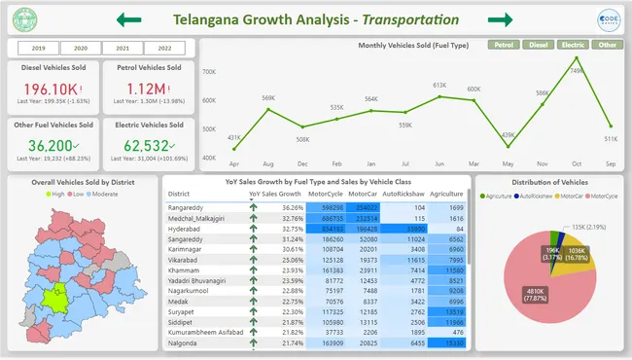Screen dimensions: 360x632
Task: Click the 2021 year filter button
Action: tap(123, 48)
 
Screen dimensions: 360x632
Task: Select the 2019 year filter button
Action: tap(39, 48)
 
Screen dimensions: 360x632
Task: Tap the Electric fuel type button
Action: tap(573, 45)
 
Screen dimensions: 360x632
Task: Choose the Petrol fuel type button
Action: tap(503, 45)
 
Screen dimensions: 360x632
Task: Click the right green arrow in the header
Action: tap(500, 19)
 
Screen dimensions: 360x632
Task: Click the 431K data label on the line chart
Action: tap(234, 137)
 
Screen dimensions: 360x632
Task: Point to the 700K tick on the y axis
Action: tap(209, 73)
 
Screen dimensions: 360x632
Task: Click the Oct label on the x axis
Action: tap(577, 163)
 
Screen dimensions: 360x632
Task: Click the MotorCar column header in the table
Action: tap(362, 194)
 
